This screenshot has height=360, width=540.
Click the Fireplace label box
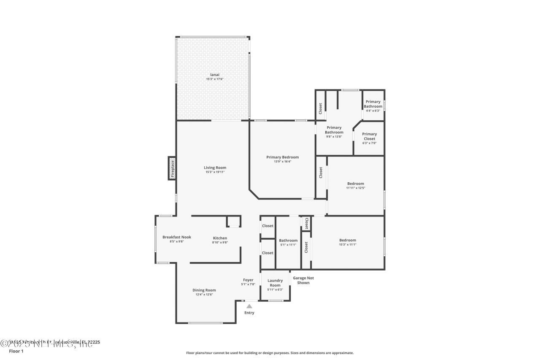(172, 168)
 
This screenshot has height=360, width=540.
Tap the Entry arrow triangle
(249, 306)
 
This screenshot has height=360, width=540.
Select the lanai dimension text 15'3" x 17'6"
(215, 79)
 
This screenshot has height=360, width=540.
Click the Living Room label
(215, 168)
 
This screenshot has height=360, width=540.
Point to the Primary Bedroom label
(282, 157)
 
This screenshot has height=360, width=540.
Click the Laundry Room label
(275, 283)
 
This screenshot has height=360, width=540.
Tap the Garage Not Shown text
(303, 280)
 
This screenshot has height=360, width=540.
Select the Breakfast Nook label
(177, 237)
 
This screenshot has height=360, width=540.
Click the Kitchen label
(220, 238)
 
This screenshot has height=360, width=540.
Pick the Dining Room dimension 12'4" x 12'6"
(204, 295)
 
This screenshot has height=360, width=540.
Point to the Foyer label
(248, 280)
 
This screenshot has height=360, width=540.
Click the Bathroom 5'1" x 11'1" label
(288, 241)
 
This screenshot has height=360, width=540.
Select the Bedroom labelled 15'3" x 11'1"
(348, 240)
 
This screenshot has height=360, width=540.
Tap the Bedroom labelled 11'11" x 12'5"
(355, 183)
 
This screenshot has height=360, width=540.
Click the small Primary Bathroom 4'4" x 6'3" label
(373, 104)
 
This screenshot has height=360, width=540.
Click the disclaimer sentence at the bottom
(270, 353)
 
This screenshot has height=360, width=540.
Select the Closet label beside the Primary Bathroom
(321, 108)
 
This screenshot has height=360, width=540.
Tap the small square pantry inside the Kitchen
(233, 222)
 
